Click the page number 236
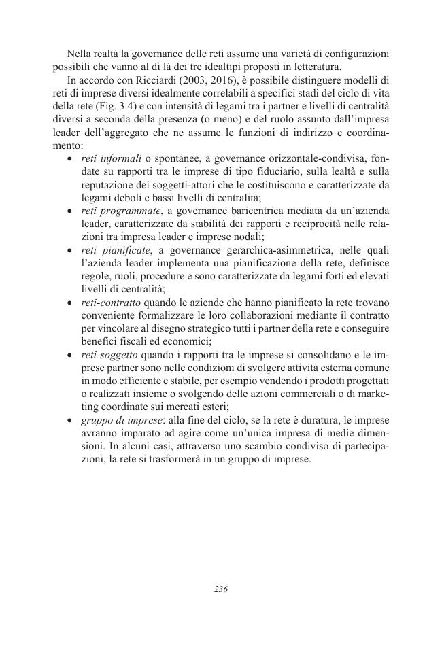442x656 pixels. tap(220, 589)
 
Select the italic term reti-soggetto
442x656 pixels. tap(105, 355)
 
